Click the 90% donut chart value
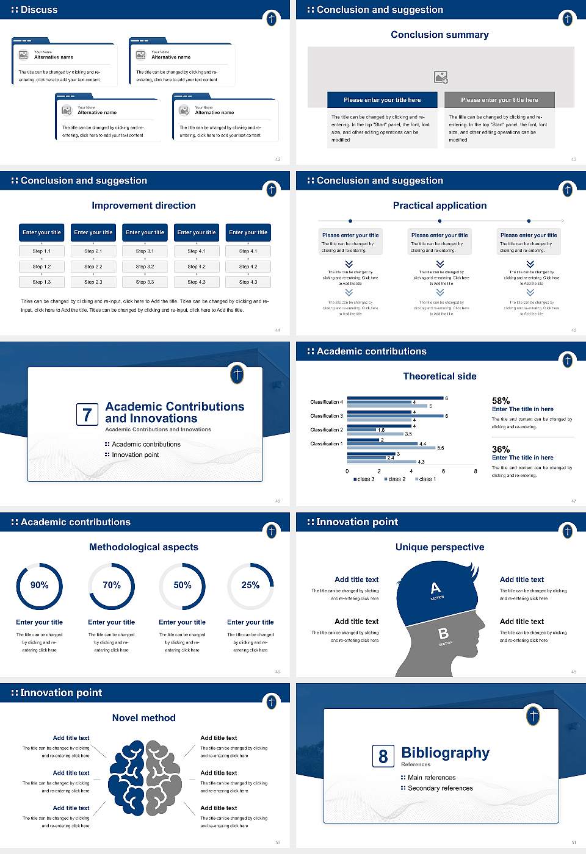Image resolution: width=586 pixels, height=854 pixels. point(40,585)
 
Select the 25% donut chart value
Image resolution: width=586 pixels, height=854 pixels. point(250,585)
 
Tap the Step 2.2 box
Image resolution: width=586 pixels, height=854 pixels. point(93,267)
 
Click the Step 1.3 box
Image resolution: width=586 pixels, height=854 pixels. point(42,282)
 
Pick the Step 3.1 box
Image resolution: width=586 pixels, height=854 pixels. point(145,251)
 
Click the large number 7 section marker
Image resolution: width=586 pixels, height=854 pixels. point(87,415)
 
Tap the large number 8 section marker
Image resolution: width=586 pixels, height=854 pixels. point(383,756)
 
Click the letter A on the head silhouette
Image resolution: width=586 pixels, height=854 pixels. point(435,588)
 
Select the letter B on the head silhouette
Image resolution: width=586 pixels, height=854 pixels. point(444,634)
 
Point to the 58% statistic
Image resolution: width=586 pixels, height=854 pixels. point(501,401)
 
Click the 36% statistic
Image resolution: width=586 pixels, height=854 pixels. point(501,449)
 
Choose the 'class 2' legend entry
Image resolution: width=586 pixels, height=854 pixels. point(394,479)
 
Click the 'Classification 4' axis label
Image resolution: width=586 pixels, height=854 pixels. point(327,402)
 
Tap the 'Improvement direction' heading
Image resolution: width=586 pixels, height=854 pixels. point(143,206)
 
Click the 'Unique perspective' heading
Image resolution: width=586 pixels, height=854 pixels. point(440,547)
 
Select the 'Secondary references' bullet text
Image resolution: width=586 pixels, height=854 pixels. point(440,788)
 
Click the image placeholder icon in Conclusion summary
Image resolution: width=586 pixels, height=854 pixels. point(441,77)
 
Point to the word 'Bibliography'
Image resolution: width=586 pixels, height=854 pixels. point(445,753)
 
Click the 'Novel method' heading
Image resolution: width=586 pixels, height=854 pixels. point(143,718)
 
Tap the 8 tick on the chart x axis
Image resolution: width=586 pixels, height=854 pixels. point(476,471)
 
